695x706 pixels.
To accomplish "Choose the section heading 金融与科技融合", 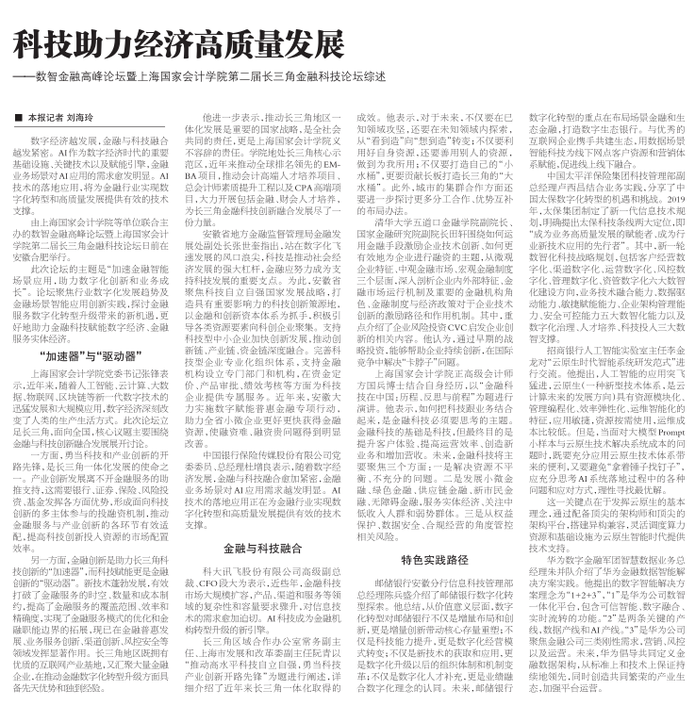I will (x=262, y=546).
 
